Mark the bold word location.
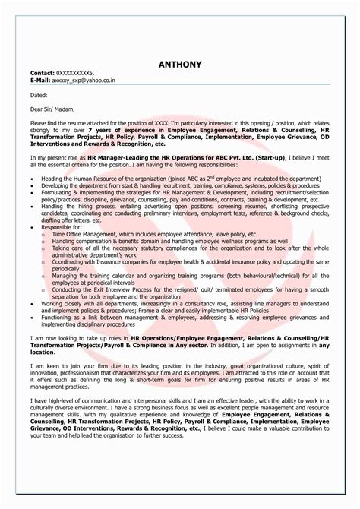pyautogui.click(x=44, y=351)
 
